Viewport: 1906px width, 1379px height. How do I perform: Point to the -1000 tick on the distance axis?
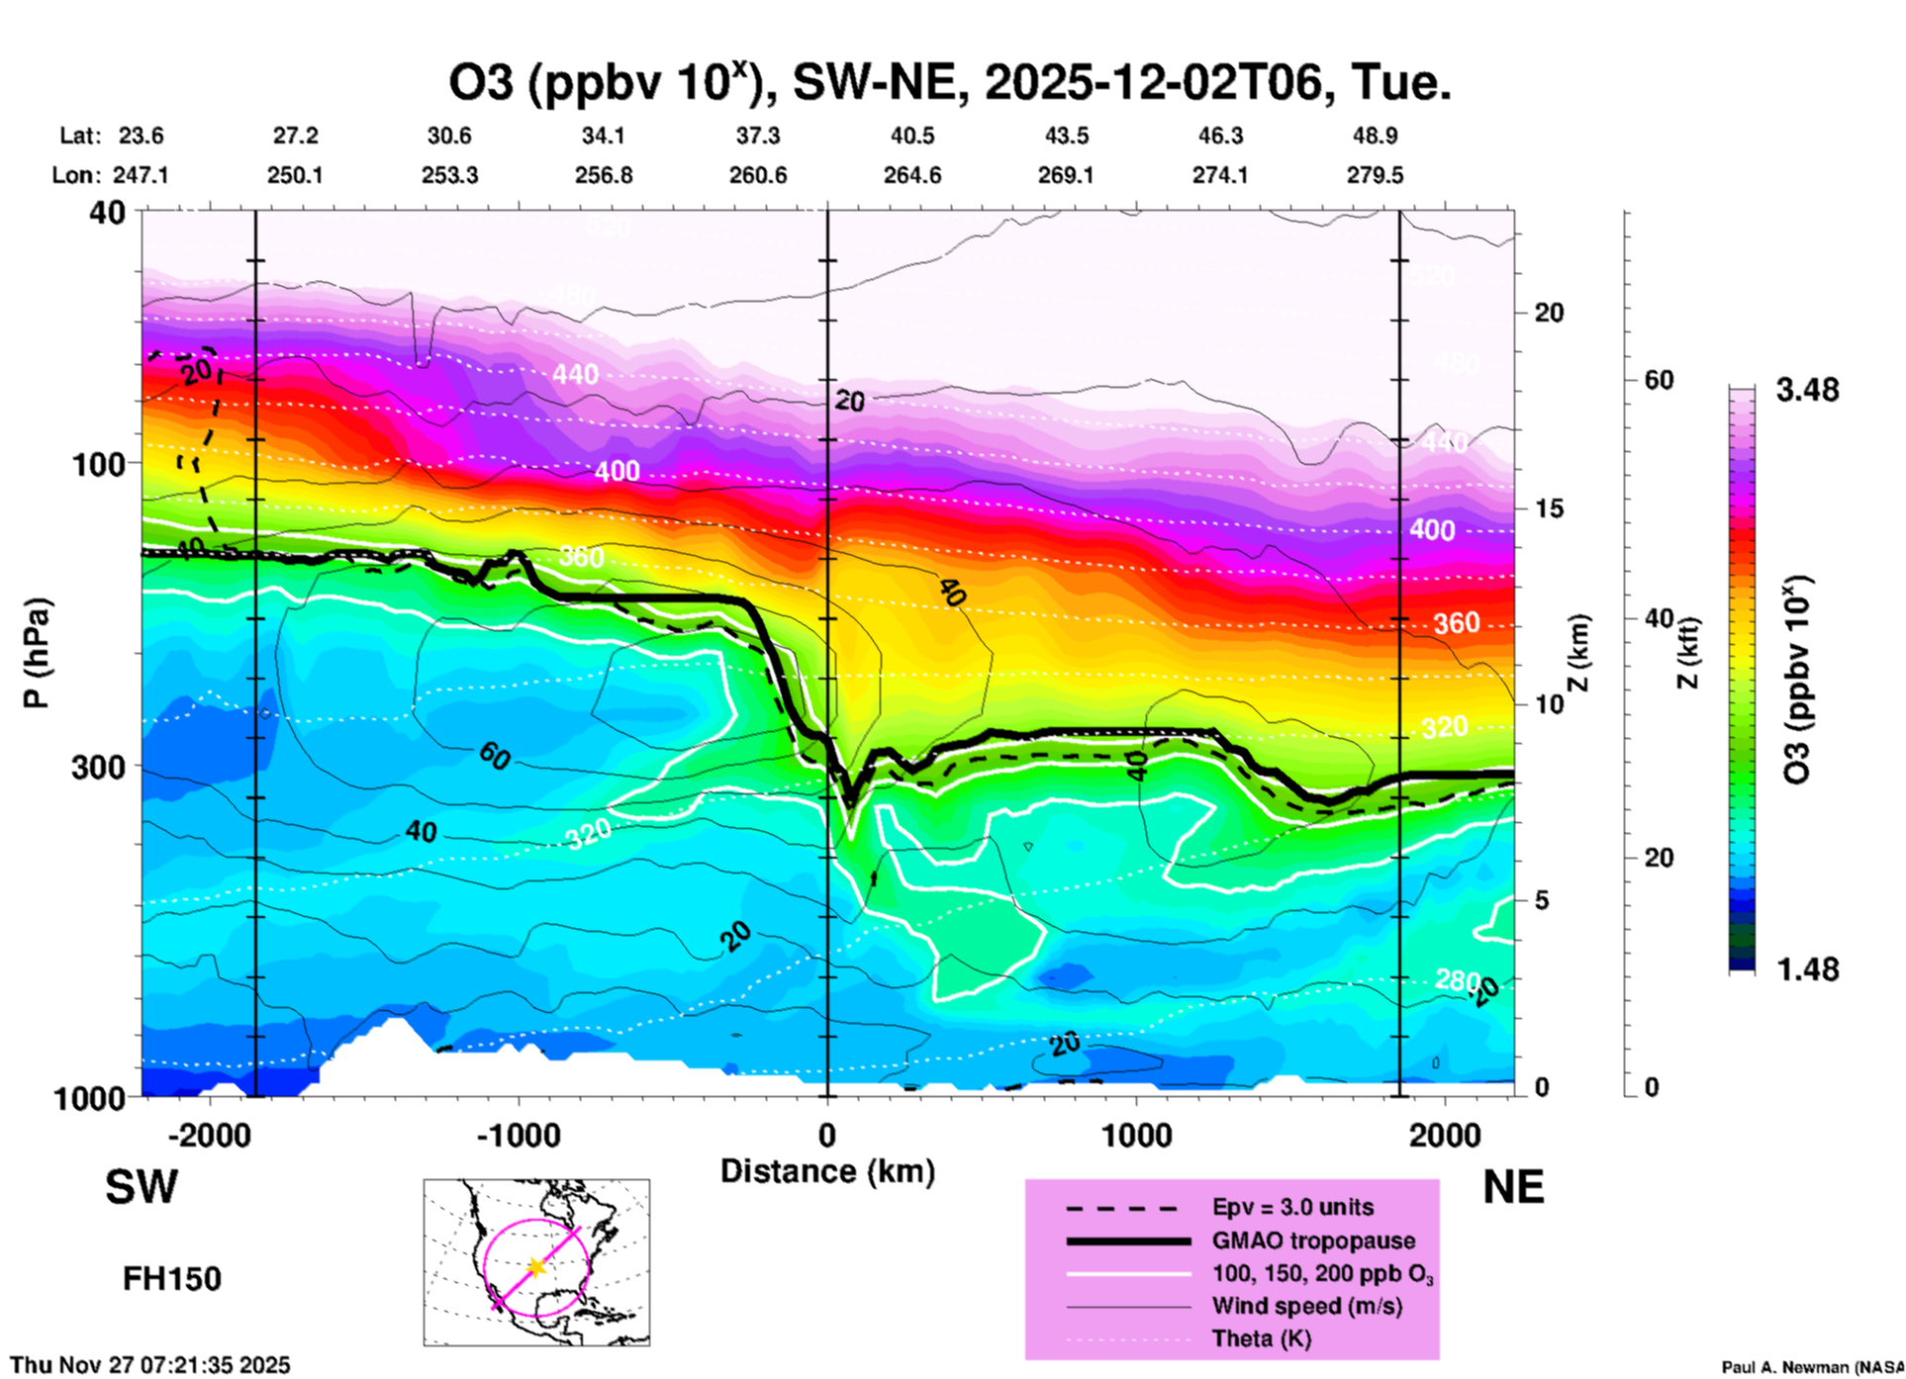(x=519, y=1136)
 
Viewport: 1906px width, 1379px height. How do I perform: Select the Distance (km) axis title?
(x=827, y=1171)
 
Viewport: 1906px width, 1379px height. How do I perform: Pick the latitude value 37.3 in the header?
(x=757, y=136)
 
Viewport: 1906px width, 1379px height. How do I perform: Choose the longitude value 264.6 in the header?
(x=911, y=176)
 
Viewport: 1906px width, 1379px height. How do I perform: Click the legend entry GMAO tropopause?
(x=1313, y=1241)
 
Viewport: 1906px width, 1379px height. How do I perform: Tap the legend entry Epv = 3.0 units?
(x=1292, y=1208)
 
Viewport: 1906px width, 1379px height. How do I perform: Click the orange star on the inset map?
(x=536, y=1267)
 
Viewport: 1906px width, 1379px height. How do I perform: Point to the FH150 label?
(x=171, y=1279)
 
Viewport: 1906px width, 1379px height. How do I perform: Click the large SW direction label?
(x=142, y=1187)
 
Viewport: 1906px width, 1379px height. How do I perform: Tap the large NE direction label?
(x=1513, y=1187)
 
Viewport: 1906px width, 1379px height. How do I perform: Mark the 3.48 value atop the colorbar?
(x=1807, y=391)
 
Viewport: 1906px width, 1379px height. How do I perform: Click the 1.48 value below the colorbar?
(x=1807, y=969)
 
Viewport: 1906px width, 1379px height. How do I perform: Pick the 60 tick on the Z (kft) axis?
(x=1659, y=381)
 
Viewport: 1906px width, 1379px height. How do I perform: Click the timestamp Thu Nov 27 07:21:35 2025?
(x=150, y=1365)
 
